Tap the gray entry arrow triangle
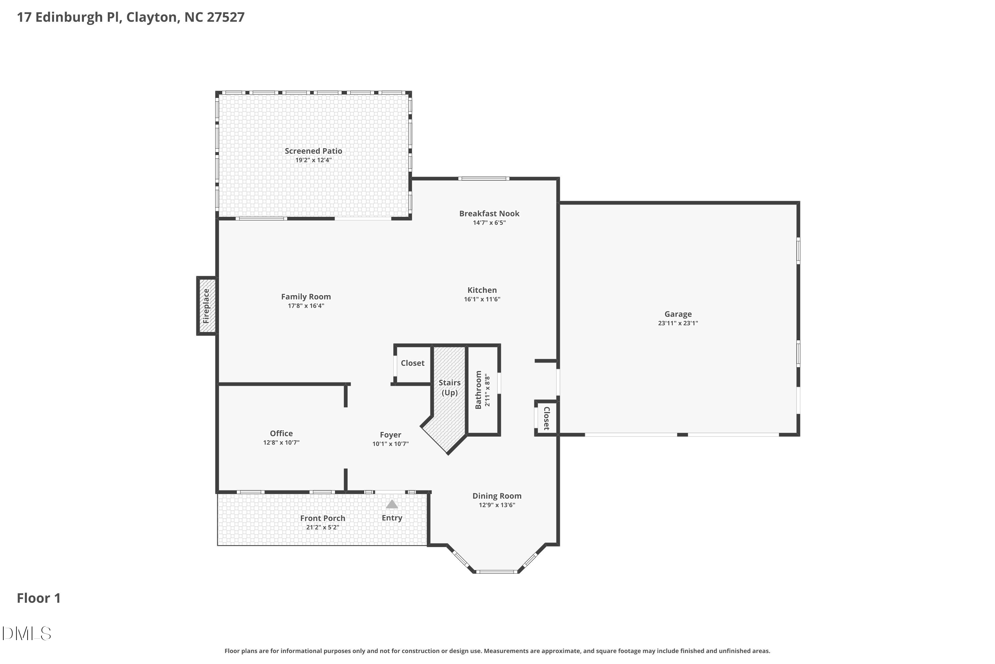(x=392, y=504)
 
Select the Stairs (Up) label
(x=449, y=387)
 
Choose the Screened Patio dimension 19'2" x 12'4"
(x=313, y=160)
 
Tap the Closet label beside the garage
(x=546, y=418)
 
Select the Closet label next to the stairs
(x=413, y=363)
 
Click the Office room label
(x=281, y=433)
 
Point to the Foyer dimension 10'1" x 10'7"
(x=390, y=444)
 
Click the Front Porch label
(x=322, y=518)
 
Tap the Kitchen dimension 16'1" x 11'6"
(x=482, y=299)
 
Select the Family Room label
(x=306, y=297)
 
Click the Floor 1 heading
(x=38, y=598)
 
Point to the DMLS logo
(x=26, y=633)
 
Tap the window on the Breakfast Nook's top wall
(x=484, y=179)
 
